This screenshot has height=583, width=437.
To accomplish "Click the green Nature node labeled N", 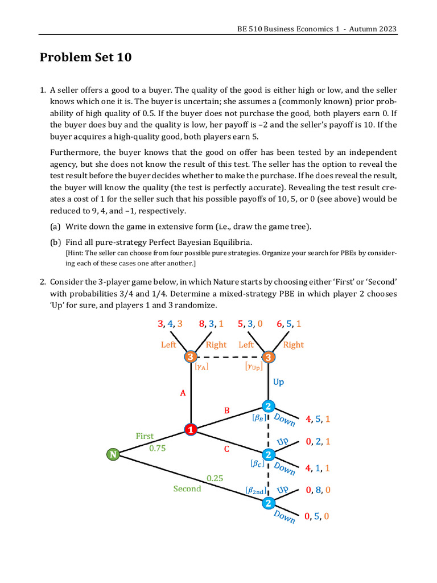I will click(113, 454).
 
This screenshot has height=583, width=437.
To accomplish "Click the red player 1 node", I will click(191, 429).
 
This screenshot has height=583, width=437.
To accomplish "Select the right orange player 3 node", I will click(268, 357).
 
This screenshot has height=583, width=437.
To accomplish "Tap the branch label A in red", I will click(183, 393).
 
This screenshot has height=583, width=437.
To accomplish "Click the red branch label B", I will click(226, 410).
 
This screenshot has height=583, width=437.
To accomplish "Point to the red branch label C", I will click(226, 449).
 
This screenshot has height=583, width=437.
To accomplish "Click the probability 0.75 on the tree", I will click(158, 448).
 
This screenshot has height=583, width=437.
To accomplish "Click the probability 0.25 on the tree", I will click(215, 478).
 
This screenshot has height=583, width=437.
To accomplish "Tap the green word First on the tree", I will click(145, 436).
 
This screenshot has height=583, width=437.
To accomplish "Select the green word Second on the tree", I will click(187, 488).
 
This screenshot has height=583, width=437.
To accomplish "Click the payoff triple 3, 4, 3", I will click(170, 324).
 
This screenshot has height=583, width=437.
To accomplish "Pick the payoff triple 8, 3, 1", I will click(211, 324).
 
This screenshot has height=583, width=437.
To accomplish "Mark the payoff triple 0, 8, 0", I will click(318, 490).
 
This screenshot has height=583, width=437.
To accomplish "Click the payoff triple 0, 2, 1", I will click(318, 441).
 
